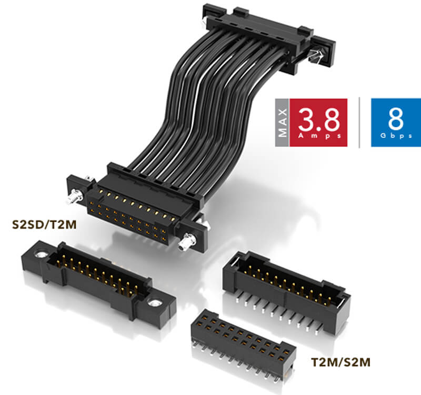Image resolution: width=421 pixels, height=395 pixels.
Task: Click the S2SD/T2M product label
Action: click(x=44, y=225)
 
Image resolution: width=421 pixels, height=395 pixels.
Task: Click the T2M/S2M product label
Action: click(x=340, y=362)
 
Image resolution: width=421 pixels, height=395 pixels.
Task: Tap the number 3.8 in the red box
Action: click(x=318, y=119)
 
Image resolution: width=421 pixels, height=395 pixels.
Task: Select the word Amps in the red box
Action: click(x=319, y=136)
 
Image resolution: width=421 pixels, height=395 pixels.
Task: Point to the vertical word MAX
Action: click(x=282, y=123)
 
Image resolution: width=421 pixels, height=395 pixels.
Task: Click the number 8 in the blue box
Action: click(x=396, y=119)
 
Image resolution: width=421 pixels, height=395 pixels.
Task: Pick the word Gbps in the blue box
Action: click(x=396, y=136)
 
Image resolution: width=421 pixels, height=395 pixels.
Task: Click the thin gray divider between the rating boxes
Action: click(x=359, y=123)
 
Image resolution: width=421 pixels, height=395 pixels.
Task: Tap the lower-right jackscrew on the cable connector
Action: click(x=186, y=242)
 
